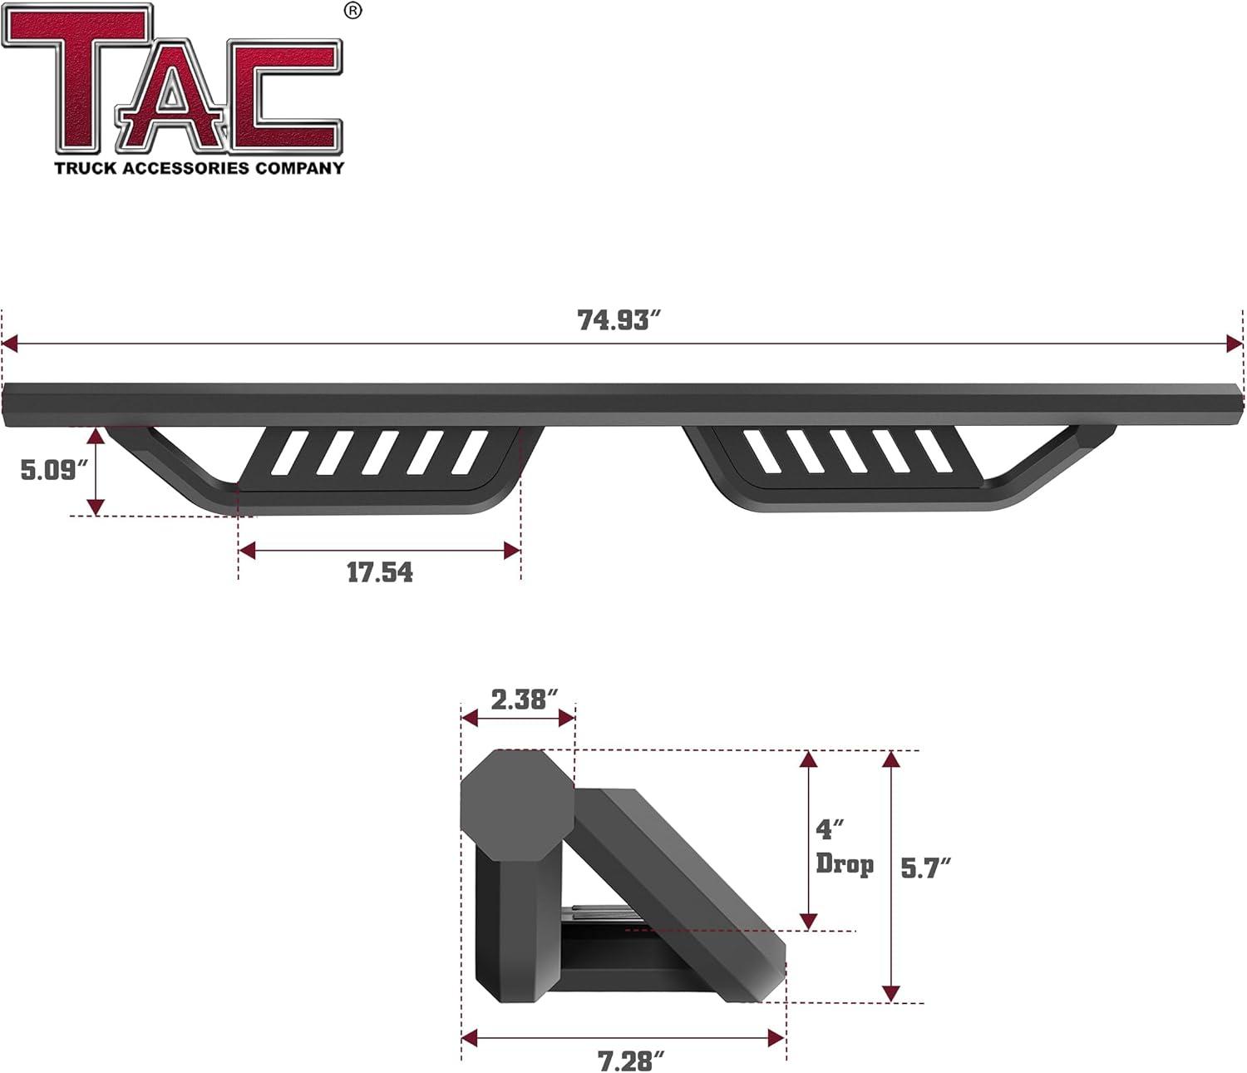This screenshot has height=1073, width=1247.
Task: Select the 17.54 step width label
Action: coord(379,572)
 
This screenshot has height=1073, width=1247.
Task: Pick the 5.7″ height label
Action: coord(925,868)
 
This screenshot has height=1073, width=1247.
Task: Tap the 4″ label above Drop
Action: coord(830,829)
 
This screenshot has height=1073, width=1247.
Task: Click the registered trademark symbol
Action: coord(353,11)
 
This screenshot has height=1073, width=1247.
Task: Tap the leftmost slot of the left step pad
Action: coord(288,452)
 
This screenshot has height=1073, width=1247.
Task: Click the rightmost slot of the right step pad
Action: coord(933,451)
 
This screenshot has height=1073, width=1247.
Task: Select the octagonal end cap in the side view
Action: coord(516,804)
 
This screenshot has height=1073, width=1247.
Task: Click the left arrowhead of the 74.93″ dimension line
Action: coord(10,344)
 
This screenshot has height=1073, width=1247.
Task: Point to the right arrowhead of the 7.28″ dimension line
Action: coord(776,1037)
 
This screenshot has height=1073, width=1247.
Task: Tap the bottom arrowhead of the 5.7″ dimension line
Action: coord(891,993)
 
